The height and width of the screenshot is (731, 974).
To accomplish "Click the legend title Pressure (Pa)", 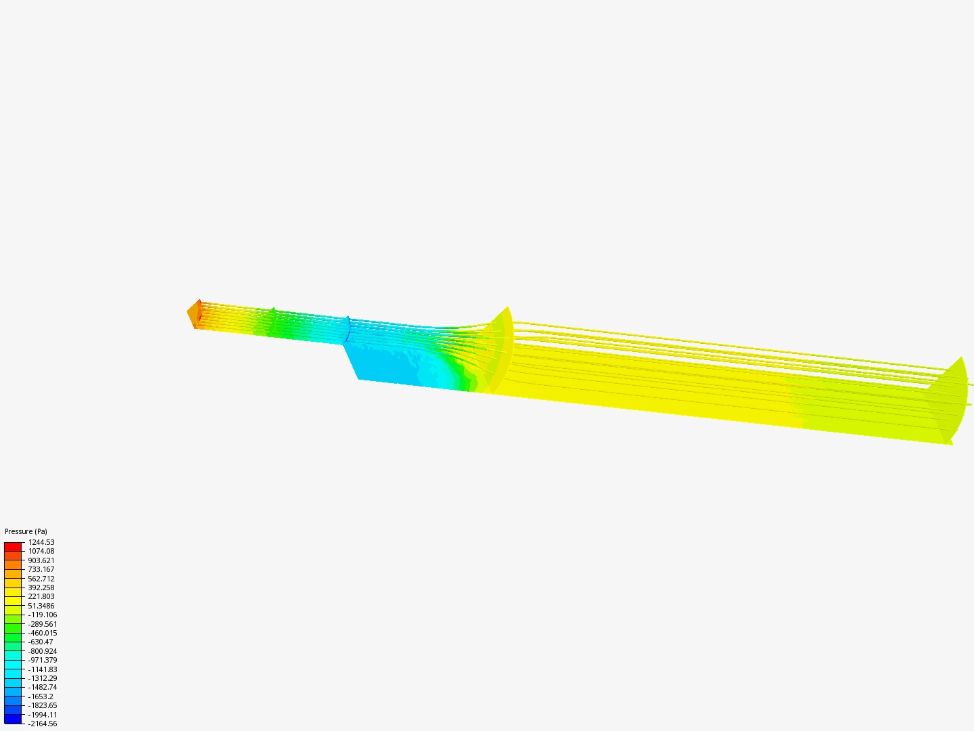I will coord(26,531).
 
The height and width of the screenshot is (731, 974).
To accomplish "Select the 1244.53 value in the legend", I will coord(41,542).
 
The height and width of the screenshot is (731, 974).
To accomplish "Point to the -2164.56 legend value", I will coord(43,724).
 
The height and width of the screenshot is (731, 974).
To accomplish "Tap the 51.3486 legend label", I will coord(41,606).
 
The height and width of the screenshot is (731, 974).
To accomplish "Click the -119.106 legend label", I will coord(43,615).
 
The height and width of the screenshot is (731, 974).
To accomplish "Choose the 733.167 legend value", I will coord(41,569).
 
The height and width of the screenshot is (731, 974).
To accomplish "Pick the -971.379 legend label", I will coord(43,660).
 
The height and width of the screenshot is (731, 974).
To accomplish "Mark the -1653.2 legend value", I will coord(41,696).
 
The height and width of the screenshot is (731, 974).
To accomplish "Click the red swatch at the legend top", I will coord(13,546).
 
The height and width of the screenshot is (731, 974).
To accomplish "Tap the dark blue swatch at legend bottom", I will coord(13,719).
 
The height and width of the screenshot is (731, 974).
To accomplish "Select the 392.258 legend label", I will coord(41,588).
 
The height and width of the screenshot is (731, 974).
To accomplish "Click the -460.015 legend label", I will coord(43,633).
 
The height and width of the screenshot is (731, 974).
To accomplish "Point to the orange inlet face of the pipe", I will coord(194,314).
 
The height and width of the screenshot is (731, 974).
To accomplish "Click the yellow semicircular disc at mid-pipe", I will coord(501,349).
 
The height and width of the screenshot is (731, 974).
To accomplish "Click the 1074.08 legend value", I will coord(41,551).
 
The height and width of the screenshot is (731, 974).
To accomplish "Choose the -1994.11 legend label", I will coord(43,715).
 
